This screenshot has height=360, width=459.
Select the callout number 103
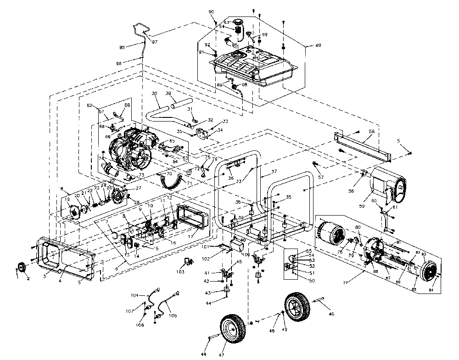coord(180,272)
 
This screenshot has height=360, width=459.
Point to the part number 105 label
coord(173,316)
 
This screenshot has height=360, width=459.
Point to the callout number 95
coord(122,47)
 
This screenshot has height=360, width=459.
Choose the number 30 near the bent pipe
coord(154,94)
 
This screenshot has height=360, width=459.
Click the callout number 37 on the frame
coord(275,172)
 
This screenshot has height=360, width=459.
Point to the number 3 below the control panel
coord(45,277)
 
